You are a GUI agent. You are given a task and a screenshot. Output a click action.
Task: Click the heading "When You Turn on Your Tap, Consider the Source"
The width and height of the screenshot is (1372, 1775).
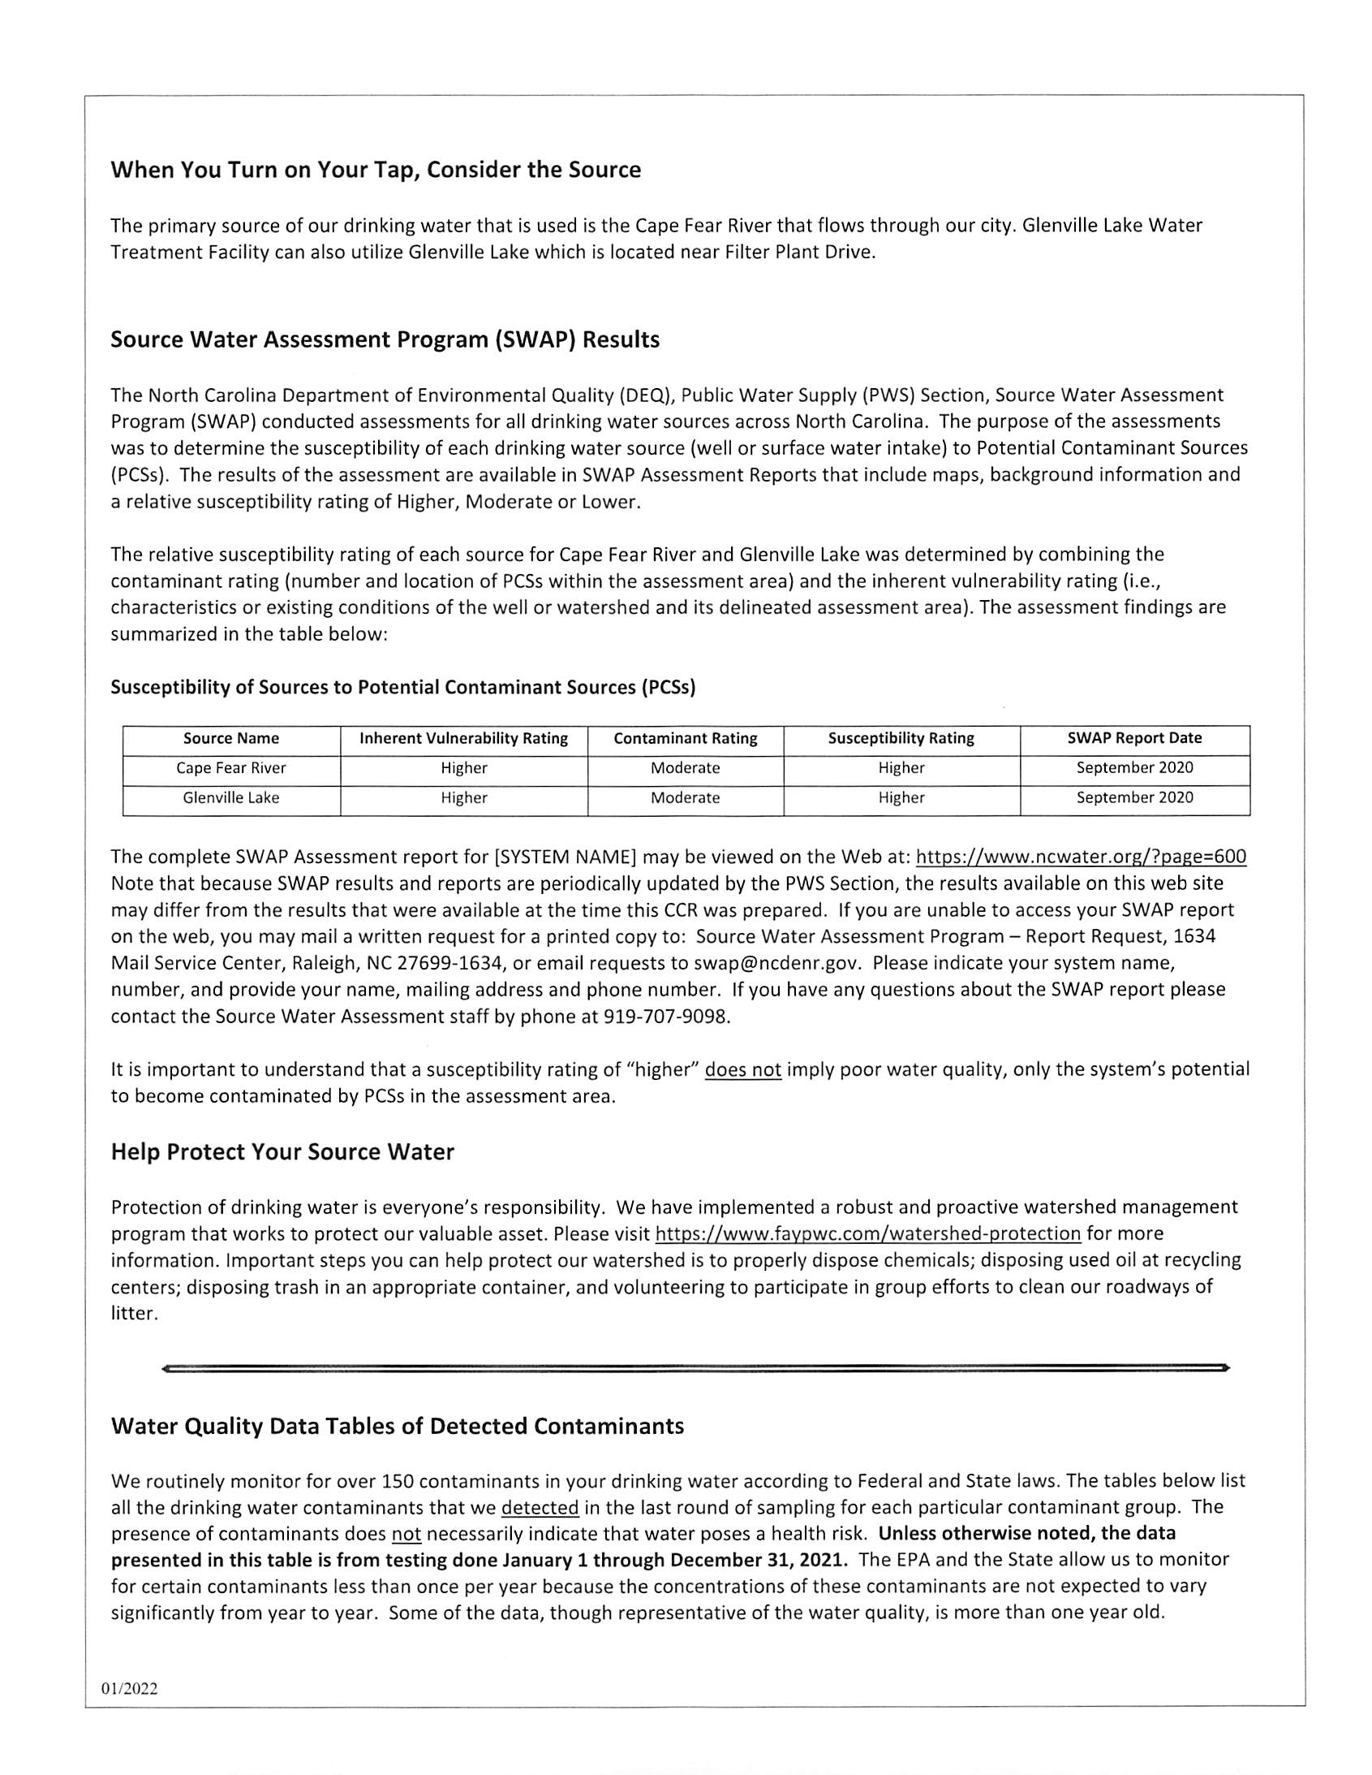(376, 170)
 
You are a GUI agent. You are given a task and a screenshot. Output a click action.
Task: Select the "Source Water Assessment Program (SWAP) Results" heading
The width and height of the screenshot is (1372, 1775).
(385, 339)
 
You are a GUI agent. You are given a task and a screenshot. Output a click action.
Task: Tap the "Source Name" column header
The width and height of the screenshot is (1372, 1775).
(230, 739)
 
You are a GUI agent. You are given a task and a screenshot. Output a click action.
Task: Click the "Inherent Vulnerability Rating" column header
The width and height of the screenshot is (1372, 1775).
(463, 739)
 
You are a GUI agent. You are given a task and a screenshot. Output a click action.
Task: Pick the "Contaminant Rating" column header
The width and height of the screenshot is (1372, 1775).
(685, 739)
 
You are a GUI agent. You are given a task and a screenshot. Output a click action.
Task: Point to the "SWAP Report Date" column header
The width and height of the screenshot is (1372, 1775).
(1134, 739)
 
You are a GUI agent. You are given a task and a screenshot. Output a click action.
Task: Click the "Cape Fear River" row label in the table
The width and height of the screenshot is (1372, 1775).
(230, 768)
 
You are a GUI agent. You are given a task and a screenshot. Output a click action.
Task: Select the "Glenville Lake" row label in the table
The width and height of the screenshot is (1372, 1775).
(230, 798)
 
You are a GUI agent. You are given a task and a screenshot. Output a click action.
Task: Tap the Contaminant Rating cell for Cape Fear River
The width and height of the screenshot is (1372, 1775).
(685, 768)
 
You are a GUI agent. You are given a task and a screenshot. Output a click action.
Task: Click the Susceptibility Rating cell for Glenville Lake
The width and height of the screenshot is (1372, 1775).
(901, 798)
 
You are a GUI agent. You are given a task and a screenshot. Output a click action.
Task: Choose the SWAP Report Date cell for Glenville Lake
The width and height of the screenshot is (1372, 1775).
(1134, 798)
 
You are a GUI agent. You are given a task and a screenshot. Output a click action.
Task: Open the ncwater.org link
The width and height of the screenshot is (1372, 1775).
(1081, 857)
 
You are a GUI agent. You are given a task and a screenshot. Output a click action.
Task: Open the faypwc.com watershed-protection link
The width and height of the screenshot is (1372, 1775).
(867, 1233)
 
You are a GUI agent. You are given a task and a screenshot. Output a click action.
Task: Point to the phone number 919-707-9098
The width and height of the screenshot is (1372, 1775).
(665, 1017)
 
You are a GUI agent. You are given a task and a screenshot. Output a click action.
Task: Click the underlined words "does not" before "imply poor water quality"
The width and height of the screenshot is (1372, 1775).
(742, 1070)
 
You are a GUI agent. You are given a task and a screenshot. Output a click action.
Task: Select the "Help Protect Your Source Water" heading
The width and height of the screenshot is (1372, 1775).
(282, 1152)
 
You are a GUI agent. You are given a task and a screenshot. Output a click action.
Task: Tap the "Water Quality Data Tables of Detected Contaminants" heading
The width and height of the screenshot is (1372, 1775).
(397, 1427)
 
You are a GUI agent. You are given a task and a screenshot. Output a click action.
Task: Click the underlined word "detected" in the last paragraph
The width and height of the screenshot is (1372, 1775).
(540, 1508)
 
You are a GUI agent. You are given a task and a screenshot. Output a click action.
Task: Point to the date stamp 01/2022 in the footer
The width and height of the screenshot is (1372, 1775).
(129, 1689)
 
